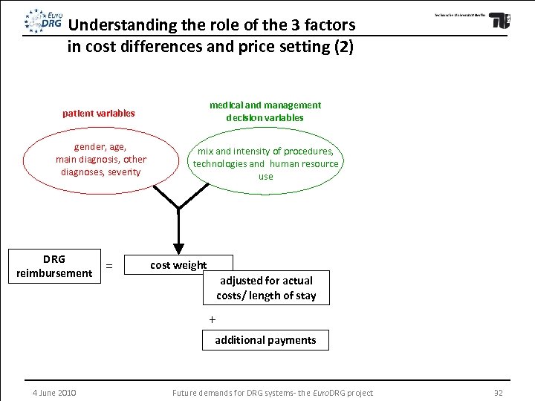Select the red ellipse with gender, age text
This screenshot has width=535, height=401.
tap(101, 160)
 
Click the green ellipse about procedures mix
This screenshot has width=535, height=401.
tap(265, 163)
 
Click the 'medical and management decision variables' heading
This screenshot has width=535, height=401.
tap(265, 111)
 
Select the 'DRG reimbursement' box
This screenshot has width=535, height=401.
tap(54, 266)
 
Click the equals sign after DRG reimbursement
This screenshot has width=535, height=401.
tap(109, 266)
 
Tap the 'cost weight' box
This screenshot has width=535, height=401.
tap(178, 265)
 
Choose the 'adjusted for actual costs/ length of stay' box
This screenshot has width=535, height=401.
tap(266, 288)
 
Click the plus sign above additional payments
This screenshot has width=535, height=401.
tap(212, 319)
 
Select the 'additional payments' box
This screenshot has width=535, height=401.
tap(265, 340)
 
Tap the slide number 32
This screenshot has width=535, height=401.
tap(498, 392)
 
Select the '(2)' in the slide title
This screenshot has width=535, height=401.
tap(344, 46)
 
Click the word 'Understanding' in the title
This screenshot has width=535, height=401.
tap(123, 25)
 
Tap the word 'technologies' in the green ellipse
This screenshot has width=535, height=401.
tap(219, 163)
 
